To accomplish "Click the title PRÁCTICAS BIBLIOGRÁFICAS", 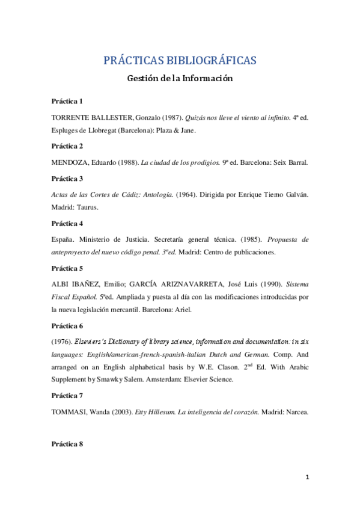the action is [x=180, y=60].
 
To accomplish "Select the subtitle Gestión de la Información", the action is [x=180, y=78].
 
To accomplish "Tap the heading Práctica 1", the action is [x=67, y=100].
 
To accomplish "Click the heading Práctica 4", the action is [x=67, y=224].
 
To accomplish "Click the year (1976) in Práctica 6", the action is [x=62, y=341].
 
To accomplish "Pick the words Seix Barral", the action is [x=290, y=163].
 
